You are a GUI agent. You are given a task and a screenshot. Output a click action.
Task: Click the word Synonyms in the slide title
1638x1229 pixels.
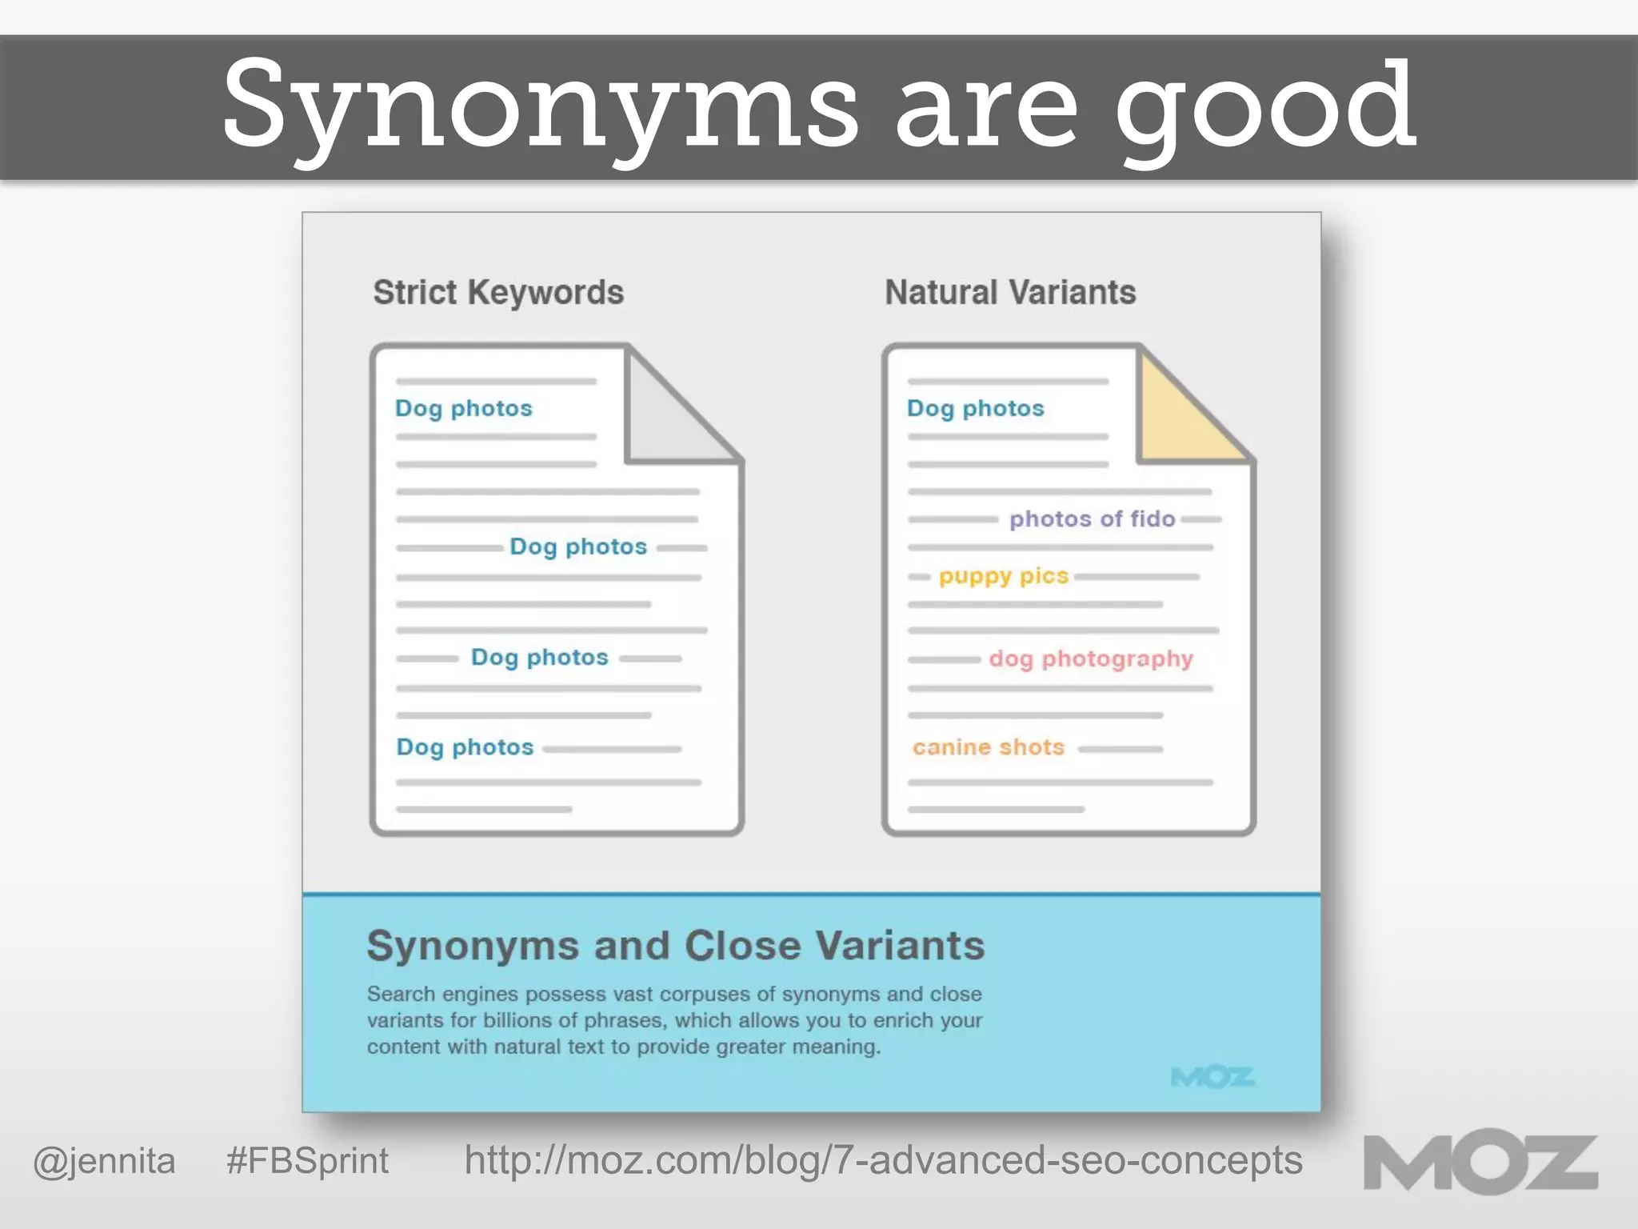(540, 108)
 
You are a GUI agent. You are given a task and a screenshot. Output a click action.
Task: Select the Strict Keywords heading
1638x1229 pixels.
(498, 293)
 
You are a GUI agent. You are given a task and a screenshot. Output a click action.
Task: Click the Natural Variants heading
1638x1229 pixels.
(1010, 293)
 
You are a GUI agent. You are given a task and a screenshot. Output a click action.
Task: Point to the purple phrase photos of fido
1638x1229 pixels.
(1092, 519)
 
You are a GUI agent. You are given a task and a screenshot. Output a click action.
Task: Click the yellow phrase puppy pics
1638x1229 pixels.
(1003, 576)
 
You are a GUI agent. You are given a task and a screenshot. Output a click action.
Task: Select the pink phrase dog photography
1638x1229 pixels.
(1091, 659)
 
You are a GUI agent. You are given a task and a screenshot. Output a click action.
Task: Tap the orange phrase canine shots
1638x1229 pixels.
(989, 747)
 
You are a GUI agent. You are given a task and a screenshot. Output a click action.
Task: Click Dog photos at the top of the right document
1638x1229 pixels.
(975, 408)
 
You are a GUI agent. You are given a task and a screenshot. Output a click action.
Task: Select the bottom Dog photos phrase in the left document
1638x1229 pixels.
(465, 747)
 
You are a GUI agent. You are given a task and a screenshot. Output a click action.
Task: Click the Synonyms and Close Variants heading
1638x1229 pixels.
(676, 946)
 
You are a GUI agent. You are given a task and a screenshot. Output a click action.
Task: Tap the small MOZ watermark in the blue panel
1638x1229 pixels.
(1213, 1077)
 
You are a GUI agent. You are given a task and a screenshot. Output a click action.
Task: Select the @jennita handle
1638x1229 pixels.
(104, 1161)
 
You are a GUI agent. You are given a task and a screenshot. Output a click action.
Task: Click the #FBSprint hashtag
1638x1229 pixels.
(307, 1161)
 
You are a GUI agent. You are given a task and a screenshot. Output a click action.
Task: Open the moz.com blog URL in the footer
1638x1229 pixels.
(883, 1161)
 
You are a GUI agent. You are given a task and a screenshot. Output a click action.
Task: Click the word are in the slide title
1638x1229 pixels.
(986, 108)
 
